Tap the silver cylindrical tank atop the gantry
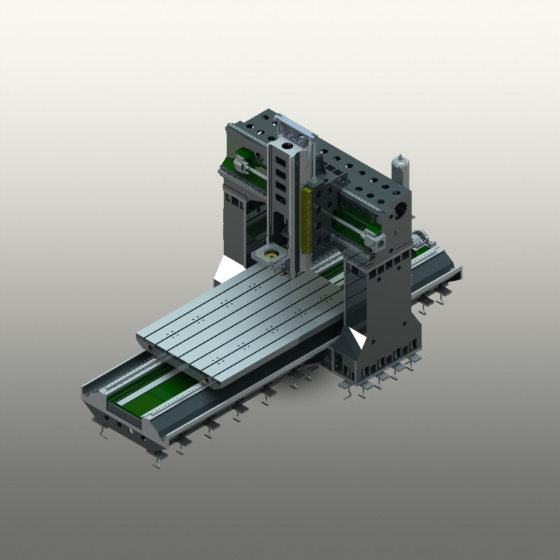(400, 169)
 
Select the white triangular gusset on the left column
(230, 267)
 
